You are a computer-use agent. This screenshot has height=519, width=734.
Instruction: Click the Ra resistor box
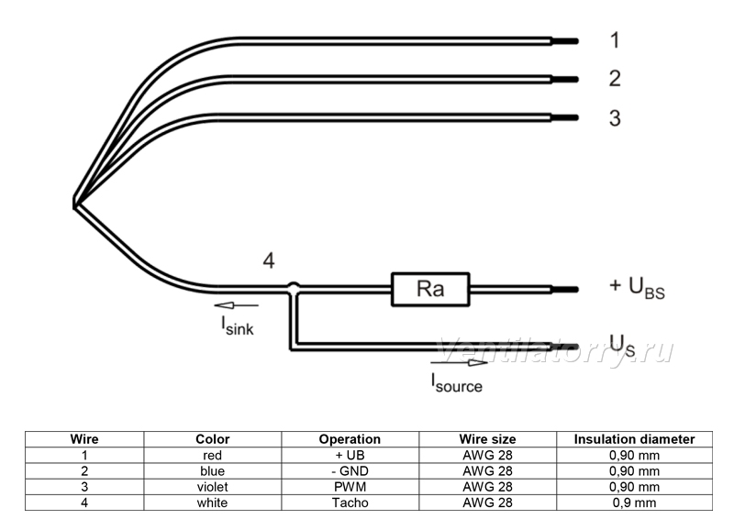[x=430, y=289]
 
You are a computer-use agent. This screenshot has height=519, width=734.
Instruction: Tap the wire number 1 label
[x=615, y=40]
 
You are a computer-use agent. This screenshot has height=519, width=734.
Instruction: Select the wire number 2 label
[x=615, y=78]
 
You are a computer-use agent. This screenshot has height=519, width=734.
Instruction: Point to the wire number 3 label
[x=615, y=118]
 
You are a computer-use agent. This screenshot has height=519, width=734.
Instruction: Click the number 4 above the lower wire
[x=269, y=260]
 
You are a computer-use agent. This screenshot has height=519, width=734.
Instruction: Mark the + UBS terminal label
[x=637, y=287]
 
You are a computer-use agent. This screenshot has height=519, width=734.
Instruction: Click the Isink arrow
[x=237, y=305]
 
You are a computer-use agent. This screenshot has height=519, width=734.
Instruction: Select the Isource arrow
[x=460, y=363]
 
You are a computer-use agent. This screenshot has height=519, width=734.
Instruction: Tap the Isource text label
[x=456, y=382]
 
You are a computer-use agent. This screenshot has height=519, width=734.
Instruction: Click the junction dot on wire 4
[x=293, y=287]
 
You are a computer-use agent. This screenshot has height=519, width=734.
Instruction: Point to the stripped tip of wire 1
[x=565, y=41]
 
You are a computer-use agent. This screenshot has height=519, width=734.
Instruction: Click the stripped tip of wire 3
[x=565, y=118]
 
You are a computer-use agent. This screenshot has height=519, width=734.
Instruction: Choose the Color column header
[x=213, y=439]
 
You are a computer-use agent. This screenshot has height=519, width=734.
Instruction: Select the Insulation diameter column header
[x=634, y=439]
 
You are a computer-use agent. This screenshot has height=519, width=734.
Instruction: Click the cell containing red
[x=213, y=455]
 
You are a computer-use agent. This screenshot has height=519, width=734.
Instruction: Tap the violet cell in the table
[x=213, y=487]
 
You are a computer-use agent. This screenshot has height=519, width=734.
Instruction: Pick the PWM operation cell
[x=350, y=487]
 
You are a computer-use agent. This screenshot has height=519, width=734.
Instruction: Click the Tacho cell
[x=350, y=502]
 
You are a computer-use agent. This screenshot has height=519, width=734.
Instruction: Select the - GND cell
[x=350, y=470]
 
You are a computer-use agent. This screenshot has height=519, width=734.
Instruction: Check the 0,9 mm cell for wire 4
[x=634, y=502]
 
